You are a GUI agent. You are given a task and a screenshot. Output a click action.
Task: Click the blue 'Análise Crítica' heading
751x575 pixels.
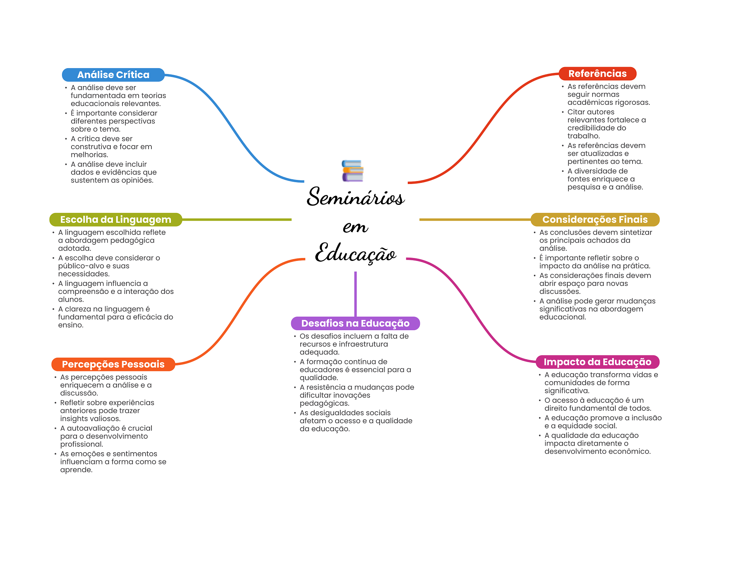coord(113,75)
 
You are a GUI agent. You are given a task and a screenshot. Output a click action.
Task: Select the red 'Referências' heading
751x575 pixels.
coord(597,74)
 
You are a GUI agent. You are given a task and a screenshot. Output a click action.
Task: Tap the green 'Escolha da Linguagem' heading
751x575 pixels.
coord(116,220)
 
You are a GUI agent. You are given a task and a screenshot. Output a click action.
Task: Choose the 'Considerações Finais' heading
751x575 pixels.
coord(594,220)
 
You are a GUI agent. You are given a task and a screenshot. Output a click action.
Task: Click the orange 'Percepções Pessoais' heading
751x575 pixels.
coord(113,364)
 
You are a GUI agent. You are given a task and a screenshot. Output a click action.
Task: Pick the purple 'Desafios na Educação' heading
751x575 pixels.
coord(355,323)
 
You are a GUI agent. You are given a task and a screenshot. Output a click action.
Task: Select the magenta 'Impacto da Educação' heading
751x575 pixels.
coord(597,362)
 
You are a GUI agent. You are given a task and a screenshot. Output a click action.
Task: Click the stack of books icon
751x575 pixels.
coord(352,171)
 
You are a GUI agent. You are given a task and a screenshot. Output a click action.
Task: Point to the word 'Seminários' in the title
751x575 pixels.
coord(355,197)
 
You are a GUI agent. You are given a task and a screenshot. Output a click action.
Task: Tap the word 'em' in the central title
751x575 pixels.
coord(355,227)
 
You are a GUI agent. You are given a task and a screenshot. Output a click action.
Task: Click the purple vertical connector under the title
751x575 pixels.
coord(355,293)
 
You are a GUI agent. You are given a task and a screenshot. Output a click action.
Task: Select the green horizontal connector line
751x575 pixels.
coord(237,220)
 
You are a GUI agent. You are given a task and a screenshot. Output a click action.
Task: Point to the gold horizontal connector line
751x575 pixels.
coord(475,220)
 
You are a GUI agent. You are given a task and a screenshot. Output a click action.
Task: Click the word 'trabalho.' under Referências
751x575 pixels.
coord(583,136)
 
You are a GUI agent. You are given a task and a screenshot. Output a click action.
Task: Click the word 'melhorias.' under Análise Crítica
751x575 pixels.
coord(89,155)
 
